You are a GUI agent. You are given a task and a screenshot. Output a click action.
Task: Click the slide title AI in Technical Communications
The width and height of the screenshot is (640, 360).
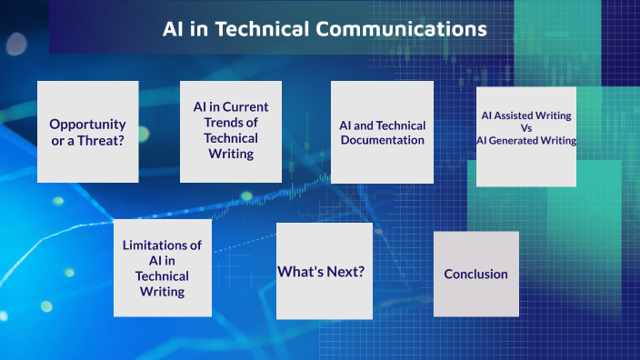[x=325, y=28]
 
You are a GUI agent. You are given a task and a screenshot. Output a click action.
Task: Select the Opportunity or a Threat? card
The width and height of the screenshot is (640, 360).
[x=87, y=132]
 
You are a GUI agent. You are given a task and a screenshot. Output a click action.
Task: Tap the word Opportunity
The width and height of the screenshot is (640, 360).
[x=87, y=124]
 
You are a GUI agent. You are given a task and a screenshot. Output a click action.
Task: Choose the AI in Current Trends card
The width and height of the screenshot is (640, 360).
[x=231, y=131]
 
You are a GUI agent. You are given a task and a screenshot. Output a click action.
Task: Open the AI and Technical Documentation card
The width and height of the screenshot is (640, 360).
[x=382, y=133]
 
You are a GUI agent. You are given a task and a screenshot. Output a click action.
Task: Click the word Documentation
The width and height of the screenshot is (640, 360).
[x=382, y=140]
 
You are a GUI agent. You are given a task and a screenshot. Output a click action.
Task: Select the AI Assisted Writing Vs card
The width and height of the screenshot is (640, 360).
[x=526, y=136]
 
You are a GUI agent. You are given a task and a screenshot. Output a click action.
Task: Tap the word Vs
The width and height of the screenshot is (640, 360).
[x=526, y=128]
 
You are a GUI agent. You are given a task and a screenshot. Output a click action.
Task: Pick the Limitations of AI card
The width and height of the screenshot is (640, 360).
[x=163, y=268]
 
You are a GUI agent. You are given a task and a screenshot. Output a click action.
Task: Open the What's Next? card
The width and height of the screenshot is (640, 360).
[x=325, y=271]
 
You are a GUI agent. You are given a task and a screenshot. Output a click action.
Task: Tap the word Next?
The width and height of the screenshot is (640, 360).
[x=348, y=271]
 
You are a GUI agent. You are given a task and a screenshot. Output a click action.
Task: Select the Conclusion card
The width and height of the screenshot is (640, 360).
[x=475, y=274]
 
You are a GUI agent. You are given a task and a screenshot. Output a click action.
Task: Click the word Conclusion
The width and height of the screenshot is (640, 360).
[x=475, y=274]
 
